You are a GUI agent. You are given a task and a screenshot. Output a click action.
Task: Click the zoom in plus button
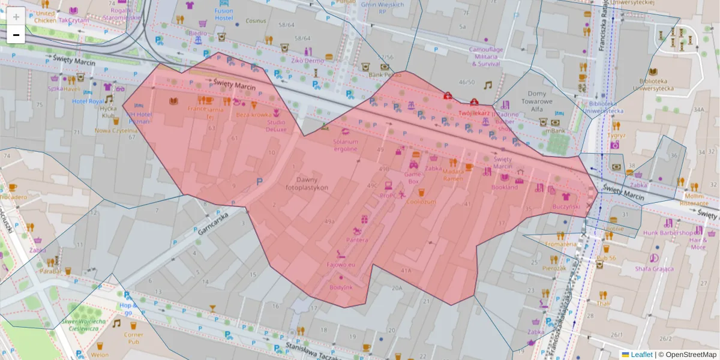(16, 17)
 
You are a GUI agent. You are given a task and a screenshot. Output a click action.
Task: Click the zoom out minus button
(16, 35)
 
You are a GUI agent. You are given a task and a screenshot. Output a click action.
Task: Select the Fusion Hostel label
(224, 14)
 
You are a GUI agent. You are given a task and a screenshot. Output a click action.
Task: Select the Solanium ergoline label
(346, 145)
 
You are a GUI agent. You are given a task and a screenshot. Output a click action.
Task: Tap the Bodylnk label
(341, 287)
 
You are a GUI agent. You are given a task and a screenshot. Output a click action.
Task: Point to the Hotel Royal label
(88, 101)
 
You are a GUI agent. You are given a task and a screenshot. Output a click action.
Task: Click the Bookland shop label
(505, 187)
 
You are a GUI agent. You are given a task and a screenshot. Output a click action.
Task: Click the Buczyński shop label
(566, 206)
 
